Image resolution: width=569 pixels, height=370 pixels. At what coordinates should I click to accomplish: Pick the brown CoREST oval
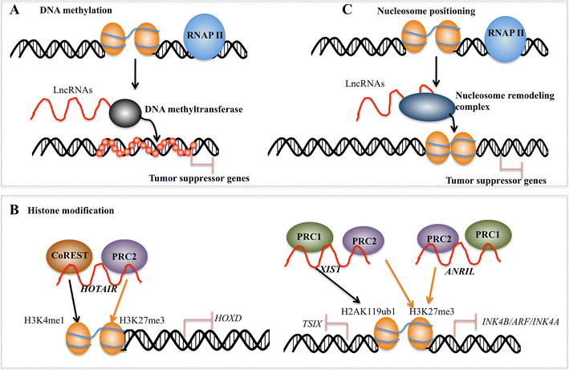click(71, 260)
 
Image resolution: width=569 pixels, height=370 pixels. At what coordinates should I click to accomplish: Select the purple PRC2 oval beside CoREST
click(119, 260)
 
